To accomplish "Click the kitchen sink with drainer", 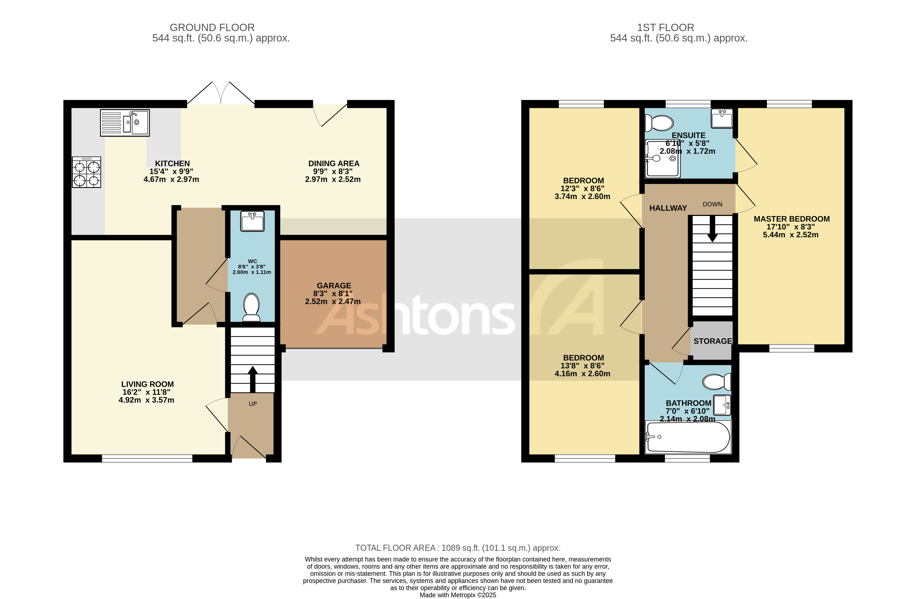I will coord(125,123).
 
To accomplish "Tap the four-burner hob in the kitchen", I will coord(87,172).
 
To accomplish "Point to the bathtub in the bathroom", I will coord(688,437).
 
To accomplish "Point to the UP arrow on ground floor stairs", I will coord(253,379).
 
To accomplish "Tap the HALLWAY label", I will coord(668,208).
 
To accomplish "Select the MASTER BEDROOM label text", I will coord(791,219).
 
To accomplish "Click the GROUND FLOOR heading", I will coord(212,28).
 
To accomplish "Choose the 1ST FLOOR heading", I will coord(666,28).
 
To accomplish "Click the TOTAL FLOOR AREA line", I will coord(458,548).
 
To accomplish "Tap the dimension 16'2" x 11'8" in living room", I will coord(146,392).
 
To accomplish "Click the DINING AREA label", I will coord(334,163).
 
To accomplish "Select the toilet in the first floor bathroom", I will coord(716,382).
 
